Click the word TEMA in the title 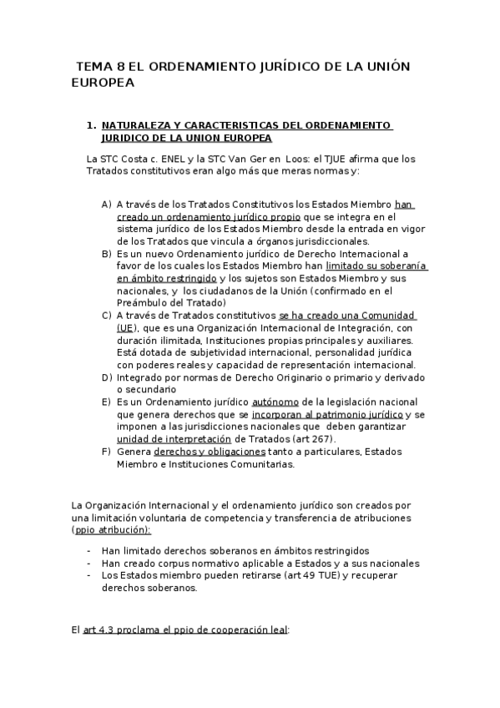(93, 67)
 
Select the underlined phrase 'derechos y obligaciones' (214, 452)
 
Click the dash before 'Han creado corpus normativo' (89, 563)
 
